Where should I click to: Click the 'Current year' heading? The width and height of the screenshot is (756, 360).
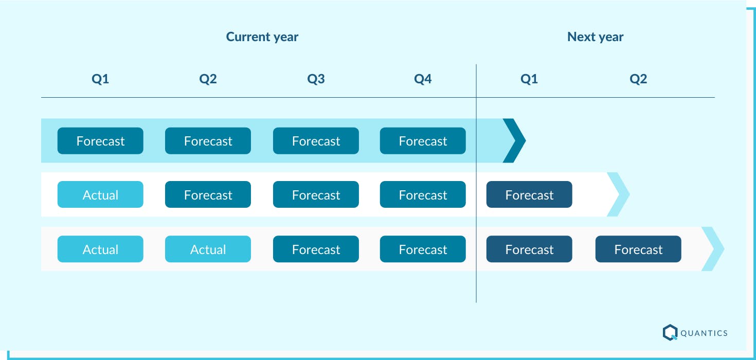point(262,37)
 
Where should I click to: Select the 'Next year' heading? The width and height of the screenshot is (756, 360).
point(595,37)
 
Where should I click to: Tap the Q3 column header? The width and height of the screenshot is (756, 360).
point(316,79)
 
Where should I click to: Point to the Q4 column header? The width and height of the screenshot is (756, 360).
point(423,79)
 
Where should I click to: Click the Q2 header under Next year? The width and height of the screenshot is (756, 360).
point(638,79)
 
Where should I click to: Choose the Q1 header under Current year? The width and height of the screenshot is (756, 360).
point(100,79)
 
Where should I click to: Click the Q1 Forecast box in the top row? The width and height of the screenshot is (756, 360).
point(100,141)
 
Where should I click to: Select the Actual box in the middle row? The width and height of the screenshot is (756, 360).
point(100,195)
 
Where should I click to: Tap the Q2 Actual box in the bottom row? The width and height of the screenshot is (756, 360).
point(208,249)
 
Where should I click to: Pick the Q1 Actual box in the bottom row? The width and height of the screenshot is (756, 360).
point(100,249)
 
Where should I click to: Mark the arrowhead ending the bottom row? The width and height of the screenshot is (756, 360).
point(713,249)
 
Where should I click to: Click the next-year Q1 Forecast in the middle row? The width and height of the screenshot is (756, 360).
point(529,195)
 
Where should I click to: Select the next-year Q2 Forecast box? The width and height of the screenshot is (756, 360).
point(638,249)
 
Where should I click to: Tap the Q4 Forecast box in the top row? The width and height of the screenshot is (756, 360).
point(423,141)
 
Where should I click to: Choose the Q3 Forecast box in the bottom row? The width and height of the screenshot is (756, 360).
point(316,249)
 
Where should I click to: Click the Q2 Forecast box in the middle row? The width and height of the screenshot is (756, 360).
point(208,195)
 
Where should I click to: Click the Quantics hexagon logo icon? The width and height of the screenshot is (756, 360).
point(670,332)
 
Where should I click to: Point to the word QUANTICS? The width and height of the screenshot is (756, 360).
point(704,333)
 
